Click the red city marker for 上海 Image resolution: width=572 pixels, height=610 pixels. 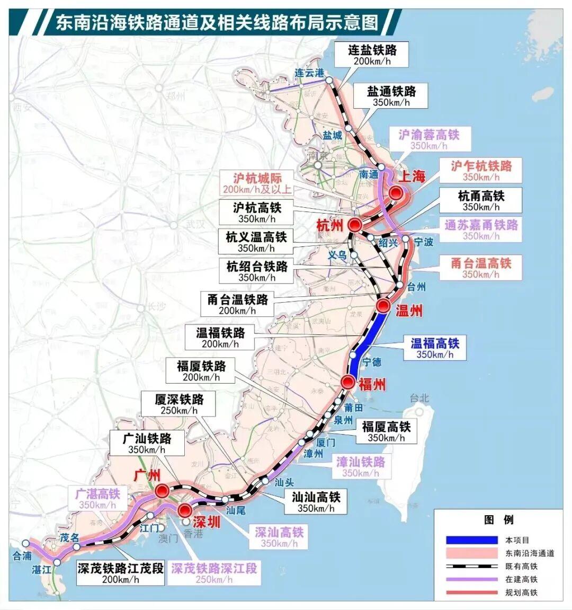[396, 193]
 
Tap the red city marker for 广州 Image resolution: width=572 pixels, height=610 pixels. [162, 490]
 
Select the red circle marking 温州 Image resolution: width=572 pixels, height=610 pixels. [383, 306]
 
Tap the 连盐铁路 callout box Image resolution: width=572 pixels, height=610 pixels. [372, 55]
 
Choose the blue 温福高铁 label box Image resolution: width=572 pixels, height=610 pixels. [434, 348]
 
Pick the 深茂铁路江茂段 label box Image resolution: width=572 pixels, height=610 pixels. [120, 573]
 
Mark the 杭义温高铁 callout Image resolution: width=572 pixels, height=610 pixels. [256, 242]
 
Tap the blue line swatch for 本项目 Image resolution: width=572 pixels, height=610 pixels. [471, 540]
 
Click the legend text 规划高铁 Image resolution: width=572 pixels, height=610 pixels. [521, 593]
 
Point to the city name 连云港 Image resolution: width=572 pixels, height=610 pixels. [309, 73]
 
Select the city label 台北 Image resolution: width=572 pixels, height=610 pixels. [419, 397]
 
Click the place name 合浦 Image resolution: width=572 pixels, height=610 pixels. [22, 556]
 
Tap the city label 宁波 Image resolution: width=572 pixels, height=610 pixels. [423, 242]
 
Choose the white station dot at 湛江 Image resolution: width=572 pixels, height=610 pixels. [57, 562]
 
